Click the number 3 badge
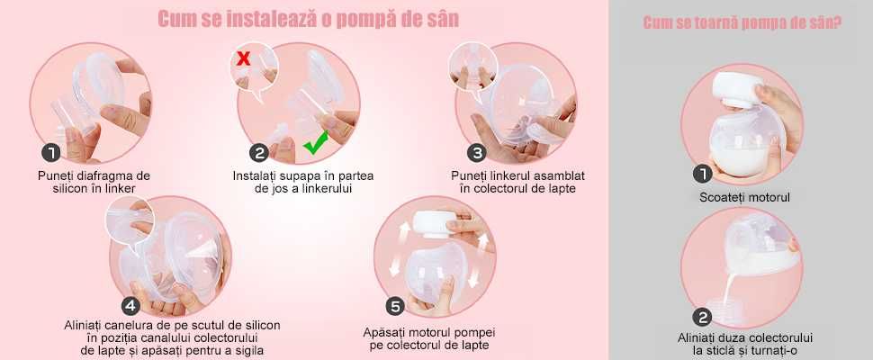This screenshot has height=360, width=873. click(477, 152)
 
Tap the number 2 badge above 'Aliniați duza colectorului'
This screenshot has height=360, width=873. click(702, 317)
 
